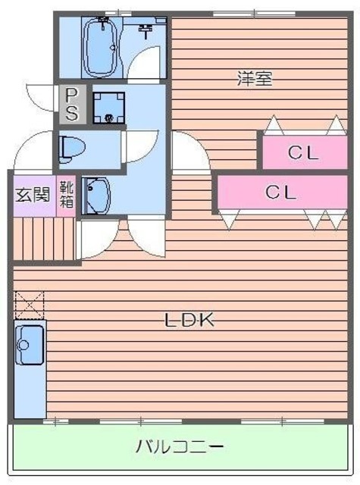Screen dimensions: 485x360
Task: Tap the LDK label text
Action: (191, 320)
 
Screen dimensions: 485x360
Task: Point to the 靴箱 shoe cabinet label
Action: (67, 194)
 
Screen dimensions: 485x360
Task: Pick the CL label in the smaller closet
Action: (303, 152)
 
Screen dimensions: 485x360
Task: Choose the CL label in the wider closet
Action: (280, 192)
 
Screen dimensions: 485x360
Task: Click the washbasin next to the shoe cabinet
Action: (95, 195)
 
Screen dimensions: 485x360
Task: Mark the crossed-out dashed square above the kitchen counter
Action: (30, 305)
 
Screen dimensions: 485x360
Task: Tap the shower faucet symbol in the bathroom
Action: (145, 32)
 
